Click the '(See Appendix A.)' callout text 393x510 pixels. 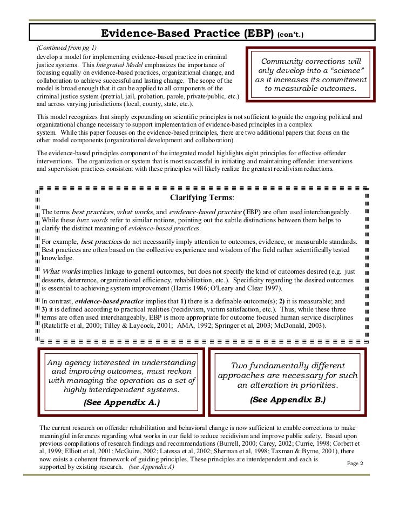tap(121, 403)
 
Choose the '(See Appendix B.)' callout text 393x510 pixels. tap(287, 400)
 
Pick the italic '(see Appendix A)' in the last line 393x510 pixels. tap(151, 467)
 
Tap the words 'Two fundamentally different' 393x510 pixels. tap(288, 366)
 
